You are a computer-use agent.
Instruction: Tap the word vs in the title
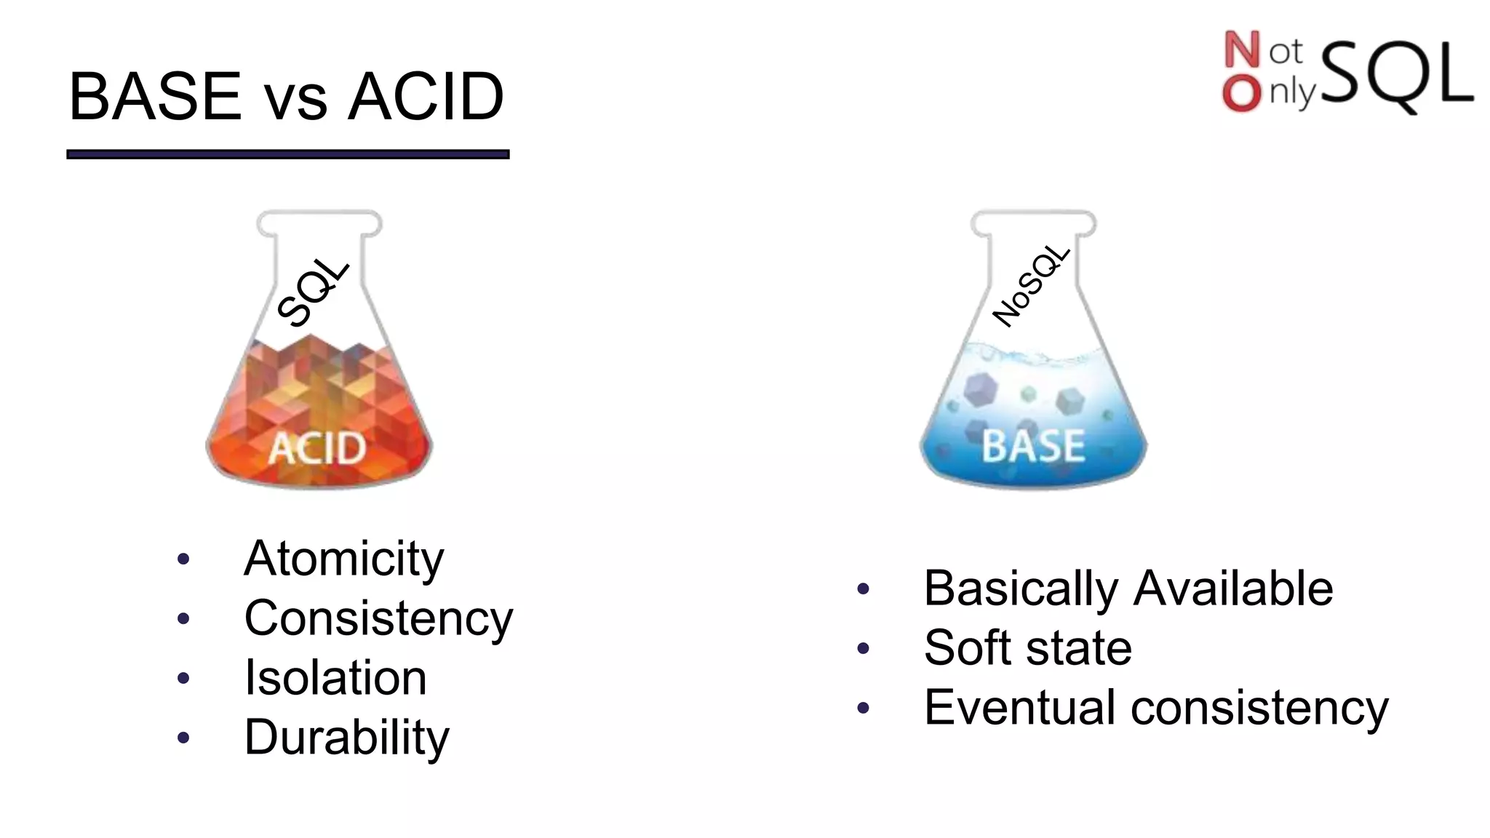(295, 102)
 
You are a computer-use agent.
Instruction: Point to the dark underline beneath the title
(287, 154)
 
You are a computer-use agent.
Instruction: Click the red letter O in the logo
(1241, 94)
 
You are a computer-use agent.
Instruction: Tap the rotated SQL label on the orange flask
(314, 292)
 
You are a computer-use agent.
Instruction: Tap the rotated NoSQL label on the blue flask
(1031, 286)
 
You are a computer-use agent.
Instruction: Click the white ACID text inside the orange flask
(317, 447)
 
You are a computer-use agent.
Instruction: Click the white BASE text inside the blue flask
(1033, 446)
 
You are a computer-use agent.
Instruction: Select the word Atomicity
(343, 559)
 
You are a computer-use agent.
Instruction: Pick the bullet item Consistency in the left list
(378, 618)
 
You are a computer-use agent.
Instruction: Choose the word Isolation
(335, 678)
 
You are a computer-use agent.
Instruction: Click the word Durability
(346, 738)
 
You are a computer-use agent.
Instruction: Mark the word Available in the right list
(1233, 588)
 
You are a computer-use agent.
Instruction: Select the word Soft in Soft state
(968, 647)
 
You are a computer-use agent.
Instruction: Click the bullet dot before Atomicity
(183, 559)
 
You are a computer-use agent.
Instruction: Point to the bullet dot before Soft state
(864, 647)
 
